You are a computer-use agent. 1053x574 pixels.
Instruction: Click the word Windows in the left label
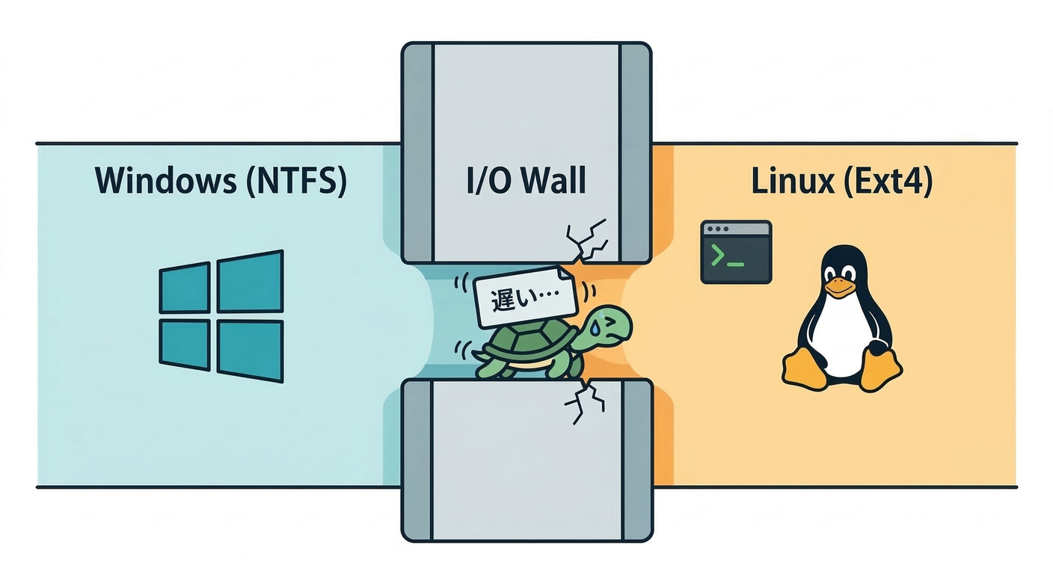[x=166, y=180]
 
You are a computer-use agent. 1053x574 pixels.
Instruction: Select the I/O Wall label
[x=526, y=180]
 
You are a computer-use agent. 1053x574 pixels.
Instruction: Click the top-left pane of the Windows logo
[x=184, y=288]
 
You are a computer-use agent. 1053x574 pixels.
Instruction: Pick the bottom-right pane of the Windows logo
[x=250, y=351]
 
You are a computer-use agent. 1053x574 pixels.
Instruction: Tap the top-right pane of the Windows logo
[x=250, y=281]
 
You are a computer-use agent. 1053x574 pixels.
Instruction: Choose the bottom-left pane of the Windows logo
[x=184, y=345]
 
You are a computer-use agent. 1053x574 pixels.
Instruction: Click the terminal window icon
[x=736, y=252]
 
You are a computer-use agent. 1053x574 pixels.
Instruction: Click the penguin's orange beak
[x=841, y=286]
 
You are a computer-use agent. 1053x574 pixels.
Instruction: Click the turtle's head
[x=604, y=326]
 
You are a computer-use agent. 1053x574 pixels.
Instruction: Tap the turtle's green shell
[x=529, y=342]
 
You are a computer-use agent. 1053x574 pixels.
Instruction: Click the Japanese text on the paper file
[x=524, y=297]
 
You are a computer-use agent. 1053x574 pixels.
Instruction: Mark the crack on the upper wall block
[x=586, y=240]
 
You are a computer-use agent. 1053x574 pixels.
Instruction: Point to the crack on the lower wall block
[x=584, y=402]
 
